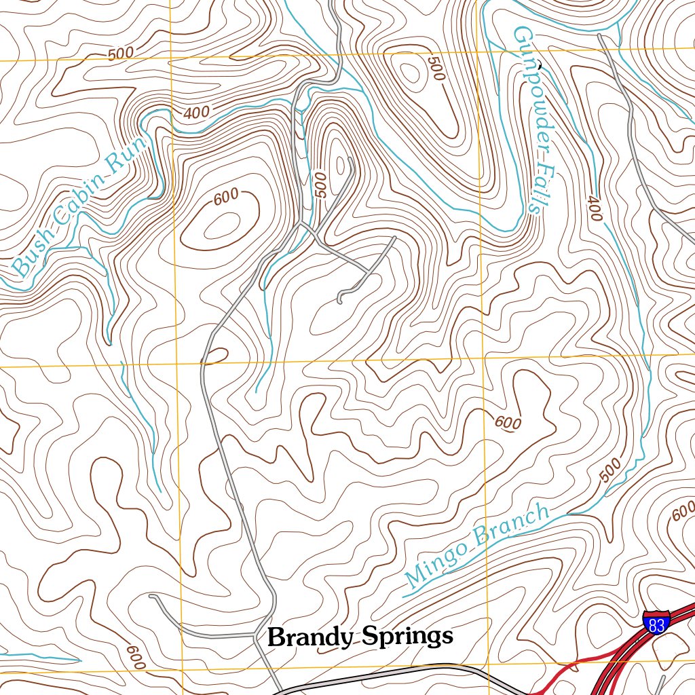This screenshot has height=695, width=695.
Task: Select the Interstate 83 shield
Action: coord(656,622)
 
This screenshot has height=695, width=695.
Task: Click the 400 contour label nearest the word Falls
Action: coord(595,208)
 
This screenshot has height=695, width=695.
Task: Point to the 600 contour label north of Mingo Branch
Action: coord(508,423)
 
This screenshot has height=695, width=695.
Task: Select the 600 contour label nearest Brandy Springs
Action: coord(136,655)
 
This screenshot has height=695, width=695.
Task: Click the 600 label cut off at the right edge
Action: coord(683,511)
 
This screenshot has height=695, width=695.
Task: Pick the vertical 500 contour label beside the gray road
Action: coord(322,184)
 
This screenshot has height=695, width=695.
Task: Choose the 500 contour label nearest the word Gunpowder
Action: coord(435,69)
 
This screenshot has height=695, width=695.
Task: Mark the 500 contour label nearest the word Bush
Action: coord(120,54)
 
